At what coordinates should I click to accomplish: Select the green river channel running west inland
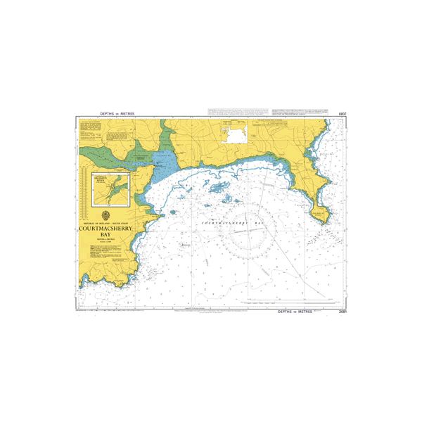click(x=105, y=155)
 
